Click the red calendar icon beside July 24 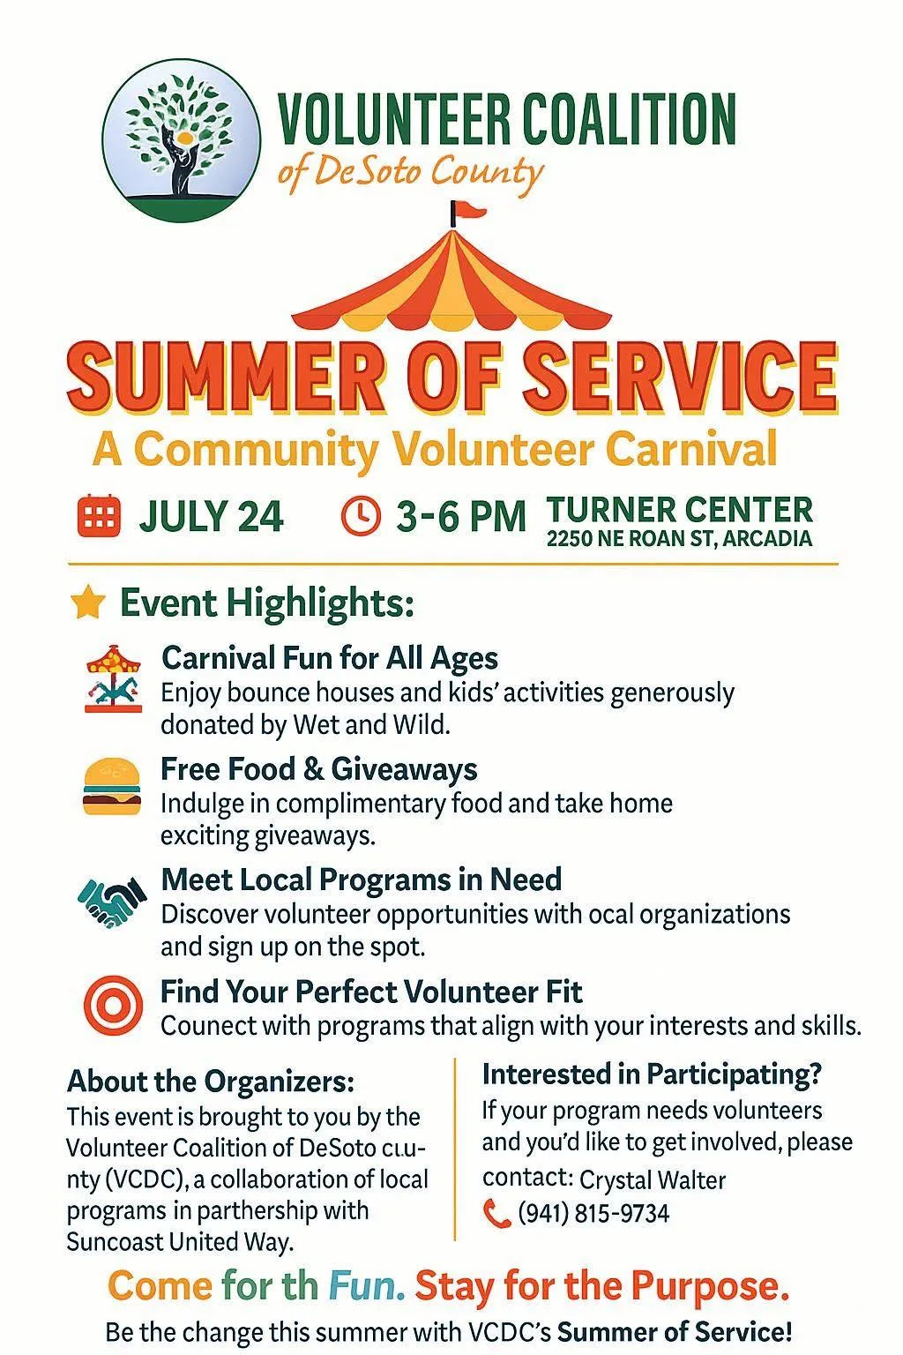(x=99, y=516)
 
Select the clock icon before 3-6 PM (x=361, y=516)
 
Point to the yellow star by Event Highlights (x=88, y=602)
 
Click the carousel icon (x=113, y=678)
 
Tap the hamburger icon (x=112, y=786)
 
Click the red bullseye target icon (x=113, y=1005)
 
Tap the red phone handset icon (x=497, y=1214)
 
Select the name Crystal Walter (x=653, y=1179)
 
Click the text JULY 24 (x=211, y=517)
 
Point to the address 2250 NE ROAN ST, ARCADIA (x=679, y=538)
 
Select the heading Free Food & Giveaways (x=319, y=769)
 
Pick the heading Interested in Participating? (x=652, y=1075)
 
